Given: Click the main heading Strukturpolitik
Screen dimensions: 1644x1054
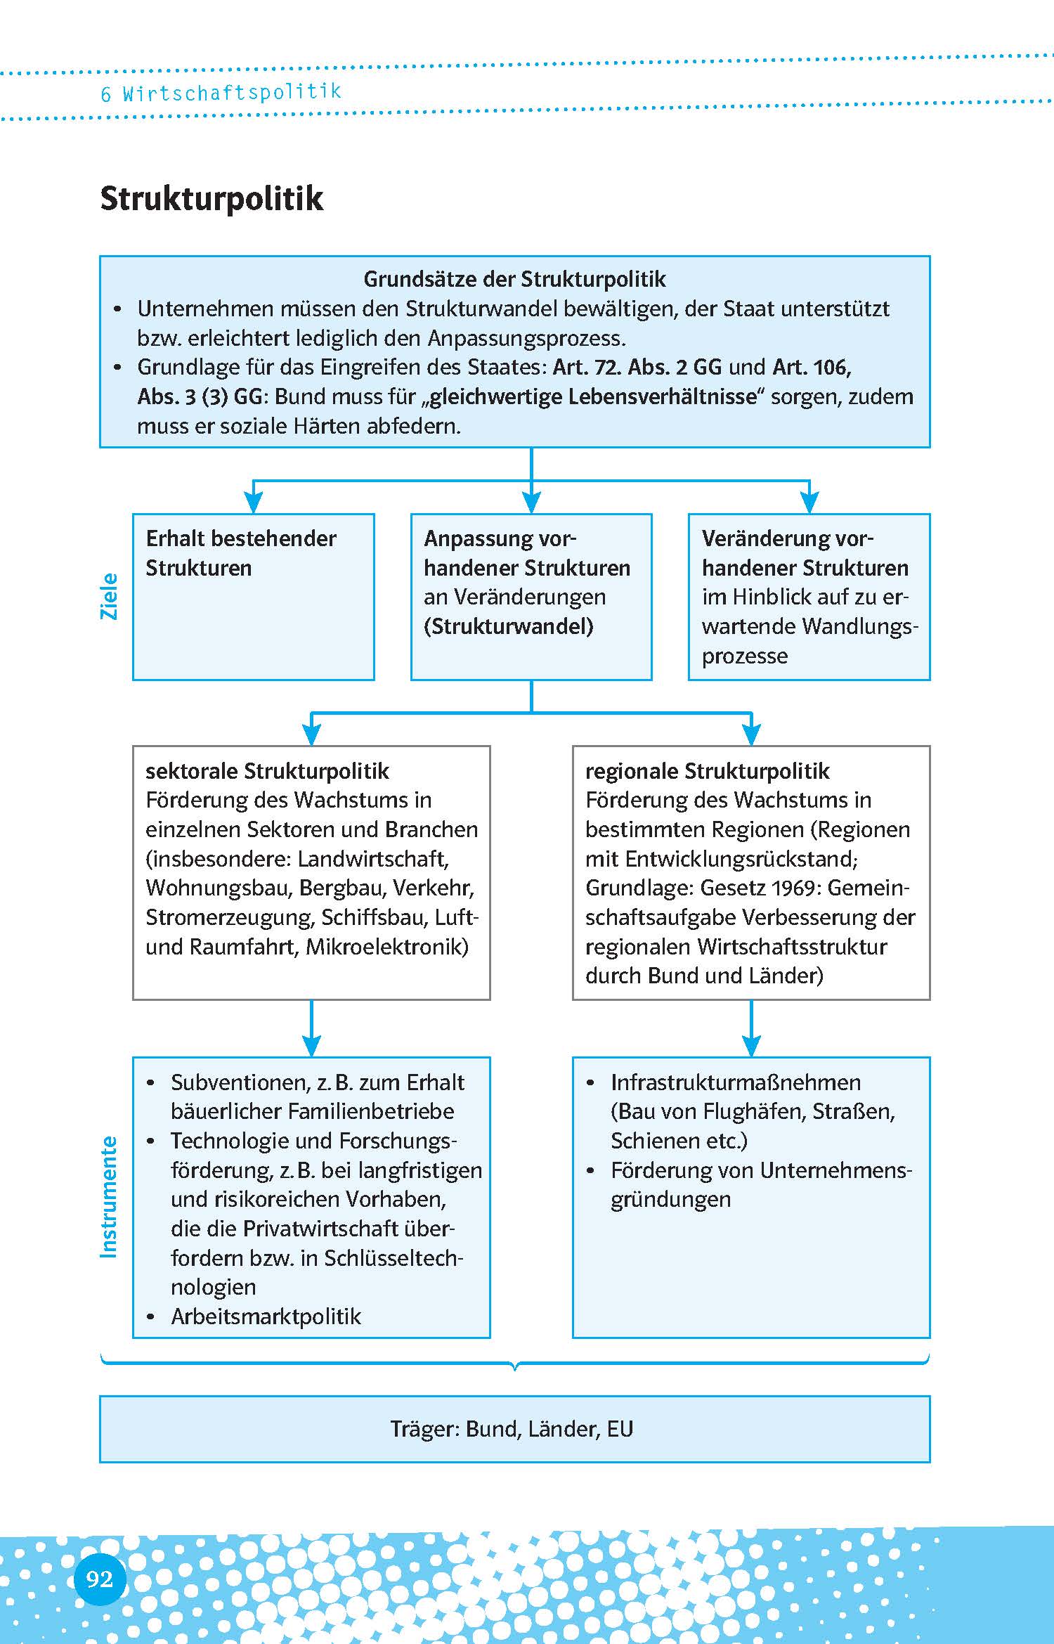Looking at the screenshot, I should tap(212, 198).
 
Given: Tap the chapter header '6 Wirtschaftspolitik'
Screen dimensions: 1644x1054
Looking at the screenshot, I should tap(221, 93).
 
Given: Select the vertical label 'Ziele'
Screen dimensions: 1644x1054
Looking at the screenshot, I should tap(110, 596).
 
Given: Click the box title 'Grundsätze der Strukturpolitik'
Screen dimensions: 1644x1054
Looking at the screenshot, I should tap(514, 279).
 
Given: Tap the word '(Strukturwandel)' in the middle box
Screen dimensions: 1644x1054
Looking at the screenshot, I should tap(508, 626).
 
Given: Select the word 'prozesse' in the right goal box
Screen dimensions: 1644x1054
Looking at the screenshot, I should tap(745, 656).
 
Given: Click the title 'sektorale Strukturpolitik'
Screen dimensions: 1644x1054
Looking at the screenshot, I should tap(267, 771).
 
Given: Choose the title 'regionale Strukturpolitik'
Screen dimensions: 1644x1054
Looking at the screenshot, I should tap(707, 771).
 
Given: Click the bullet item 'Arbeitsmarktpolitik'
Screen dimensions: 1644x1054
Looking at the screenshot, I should tap(266, 1316).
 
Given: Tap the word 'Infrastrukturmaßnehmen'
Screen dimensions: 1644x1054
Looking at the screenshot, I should tap(736, 1082).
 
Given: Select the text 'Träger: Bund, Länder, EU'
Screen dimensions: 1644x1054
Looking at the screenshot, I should tap(512, 1429).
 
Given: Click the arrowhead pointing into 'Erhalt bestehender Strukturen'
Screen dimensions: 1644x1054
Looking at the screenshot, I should tap(253, 503).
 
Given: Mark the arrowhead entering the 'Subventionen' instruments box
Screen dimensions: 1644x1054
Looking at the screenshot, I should tap(311, 1045).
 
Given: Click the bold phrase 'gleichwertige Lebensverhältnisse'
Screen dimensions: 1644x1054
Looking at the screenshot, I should tap(593, 397).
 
